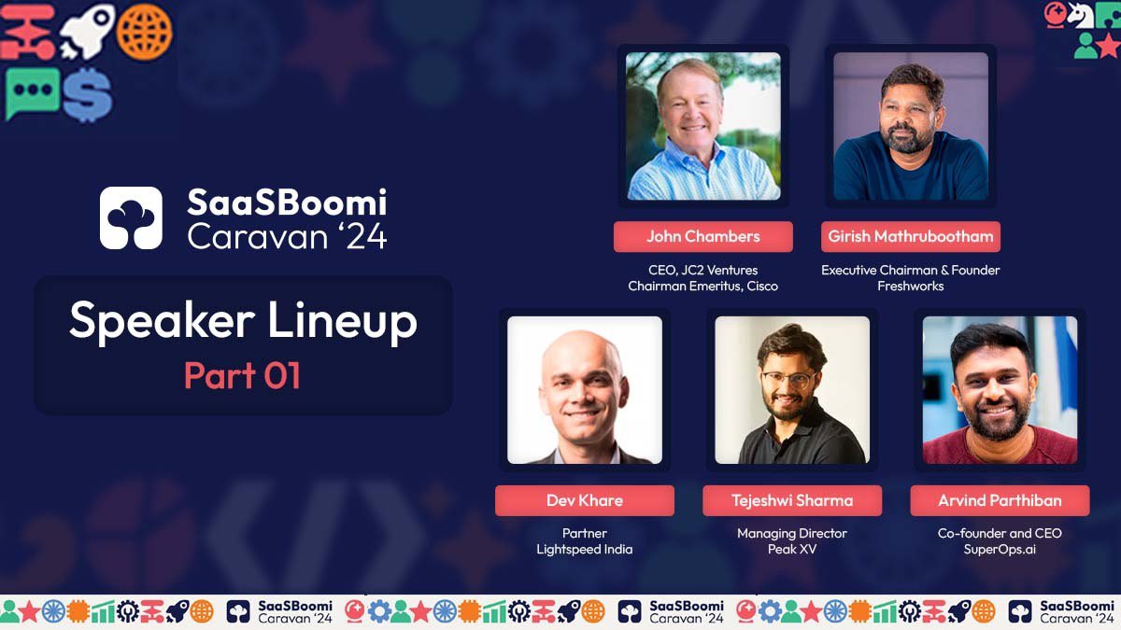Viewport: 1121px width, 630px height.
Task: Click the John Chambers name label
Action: (x=702, y=236)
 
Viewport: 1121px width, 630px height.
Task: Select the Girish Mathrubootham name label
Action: (x=912, y=236)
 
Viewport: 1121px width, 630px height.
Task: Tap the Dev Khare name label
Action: (x=584, y=500)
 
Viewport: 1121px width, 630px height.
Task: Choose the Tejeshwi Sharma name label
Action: (x=792, y=500)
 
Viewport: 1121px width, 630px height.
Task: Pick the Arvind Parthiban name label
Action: (x=1000, y=500)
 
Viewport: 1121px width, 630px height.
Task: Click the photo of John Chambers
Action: (x=702, y=126)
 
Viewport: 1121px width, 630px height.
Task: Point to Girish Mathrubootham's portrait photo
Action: (x=910, y=126)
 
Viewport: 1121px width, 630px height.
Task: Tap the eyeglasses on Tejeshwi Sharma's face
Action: (x=788, y=380)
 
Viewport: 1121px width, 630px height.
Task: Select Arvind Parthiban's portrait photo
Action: (x=1000, y=390)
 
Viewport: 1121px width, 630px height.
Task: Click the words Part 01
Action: (x=242, y=375)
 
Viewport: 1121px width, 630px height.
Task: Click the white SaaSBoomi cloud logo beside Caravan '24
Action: (x=131, y=217)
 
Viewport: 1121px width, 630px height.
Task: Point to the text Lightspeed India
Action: (x=584, y=550)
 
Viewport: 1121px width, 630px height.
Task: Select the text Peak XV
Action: (x=792, y=550)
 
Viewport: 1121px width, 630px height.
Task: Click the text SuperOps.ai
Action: (x=1000, y=550)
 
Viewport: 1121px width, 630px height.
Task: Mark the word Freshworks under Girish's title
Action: (x=910, y=287)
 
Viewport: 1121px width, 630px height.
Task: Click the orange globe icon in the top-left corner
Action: (x=145, y=32)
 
